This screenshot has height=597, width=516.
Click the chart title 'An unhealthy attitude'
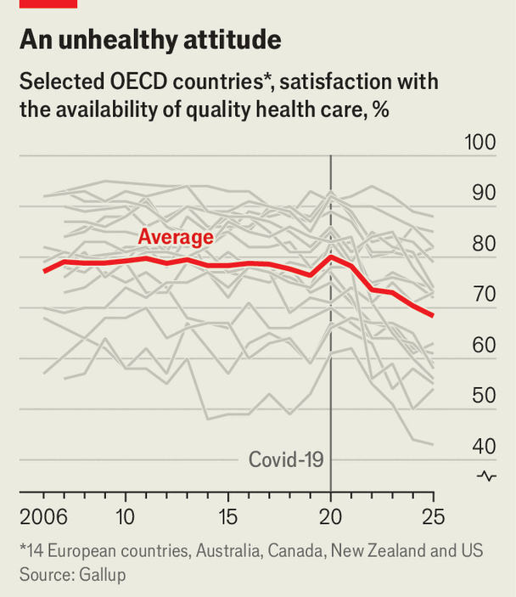tap(150, 39)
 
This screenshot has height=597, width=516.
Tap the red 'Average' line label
tap(176, 237)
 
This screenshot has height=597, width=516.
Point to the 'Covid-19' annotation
tap(286, 459)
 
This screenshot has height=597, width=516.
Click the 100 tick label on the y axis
tap(480, 142)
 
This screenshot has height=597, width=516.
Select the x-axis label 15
tap(227, 516)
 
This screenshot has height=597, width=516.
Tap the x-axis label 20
tap(330, 516)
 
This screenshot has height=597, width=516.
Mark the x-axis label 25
tap(433, 516)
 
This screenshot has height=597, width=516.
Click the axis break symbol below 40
tap(486, 476)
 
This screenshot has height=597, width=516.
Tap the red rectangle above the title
tap(48, 3)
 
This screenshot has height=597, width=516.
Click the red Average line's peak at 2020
tap(330, 256)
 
